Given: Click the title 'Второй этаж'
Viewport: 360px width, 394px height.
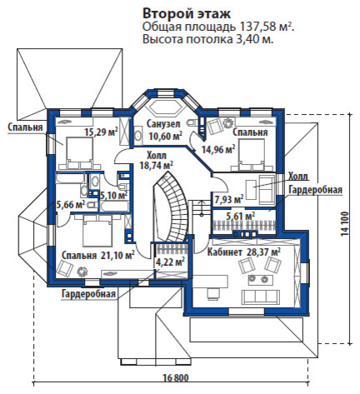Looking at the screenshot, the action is point(186,13).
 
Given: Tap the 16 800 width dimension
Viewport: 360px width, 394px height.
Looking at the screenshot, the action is point(176,378).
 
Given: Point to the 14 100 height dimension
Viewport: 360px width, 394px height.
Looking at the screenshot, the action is point(344,224).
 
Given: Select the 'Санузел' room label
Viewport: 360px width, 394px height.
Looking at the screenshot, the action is point(163,124).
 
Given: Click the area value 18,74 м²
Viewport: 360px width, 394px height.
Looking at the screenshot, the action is point(157,166).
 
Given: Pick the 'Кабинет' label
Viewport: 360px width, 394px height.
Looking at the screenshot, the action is point(225,252).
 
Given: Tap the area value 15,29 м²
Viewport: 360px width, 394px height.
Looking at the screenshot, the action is point(102,132).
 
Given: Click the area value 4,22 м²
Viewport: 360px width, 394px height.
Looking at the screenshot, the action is point(170,262).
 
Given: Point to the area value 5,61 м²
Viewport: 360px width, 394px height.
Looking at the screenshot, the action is point(241,216).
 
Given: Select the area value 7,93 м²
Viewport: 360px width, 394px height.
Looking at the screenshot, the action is point(229,199).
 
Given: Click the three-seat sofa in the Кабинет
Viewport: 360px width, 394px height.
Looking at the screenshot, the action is point(260,297).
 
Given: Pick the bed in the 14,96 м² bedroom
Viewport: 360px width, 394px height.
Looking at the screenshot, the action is point(251,154).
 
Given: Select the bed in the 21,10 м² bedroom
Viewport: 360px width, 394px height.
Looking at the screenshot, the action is point(97,232).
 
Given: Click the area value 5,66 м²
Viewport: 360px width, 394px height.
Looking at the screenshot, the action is point(71,205).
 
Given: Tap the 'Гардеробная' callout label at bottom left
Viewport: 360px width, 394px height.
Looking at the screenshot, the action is point(88,294).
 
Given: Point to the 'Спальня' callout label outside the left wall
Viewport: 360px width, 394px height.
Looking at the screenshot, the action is point(25,127).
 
